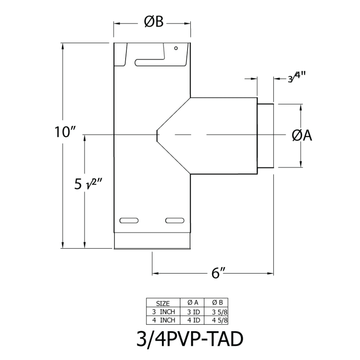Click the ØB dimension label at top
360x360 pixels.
coord(154,23)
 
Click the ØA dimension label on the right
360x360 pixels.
coord(302,136)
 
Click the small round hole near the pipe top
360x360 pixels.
coord(176,48)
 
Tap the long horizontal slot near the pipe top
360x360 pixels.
coord(150,62)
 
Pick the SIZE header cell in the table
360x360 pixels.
coord(162,303)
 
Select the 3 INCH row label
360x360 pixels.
coord(162,312)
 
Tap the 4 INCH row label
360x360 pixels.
coord(162,320)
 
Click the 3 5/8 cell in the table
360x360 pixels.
coord(216,312)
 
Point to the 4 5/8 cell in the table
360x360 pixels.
coord(216,320)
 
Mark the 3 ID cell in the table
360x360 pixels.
coord(191,312)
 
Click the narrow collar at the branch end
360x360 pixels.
coord(265,136)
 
